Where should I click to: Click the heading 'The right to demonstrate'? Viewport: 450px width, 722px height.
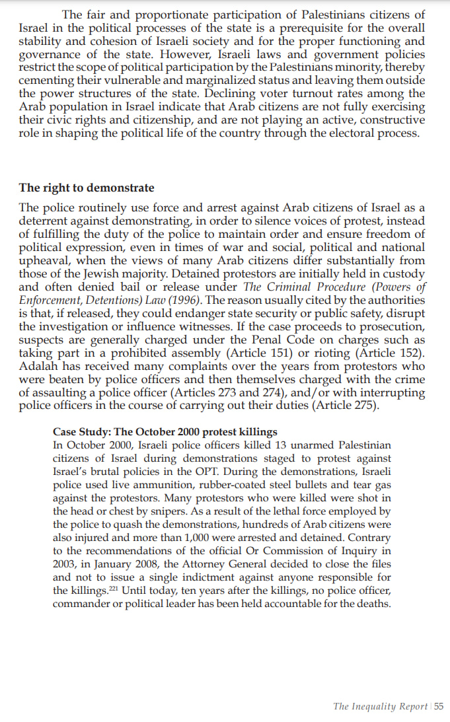click(87, 188)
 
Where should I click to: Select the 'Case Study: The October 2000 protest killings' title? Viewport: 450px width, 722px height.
click(165, 432)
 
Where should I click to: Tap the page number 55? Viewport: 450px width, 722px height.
click(438, 707)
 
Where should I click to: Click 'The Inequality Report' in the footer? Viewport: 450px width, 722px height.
click(380, 707)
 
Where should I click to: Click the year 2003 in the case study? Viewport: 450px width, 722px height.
click(65, 563)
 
